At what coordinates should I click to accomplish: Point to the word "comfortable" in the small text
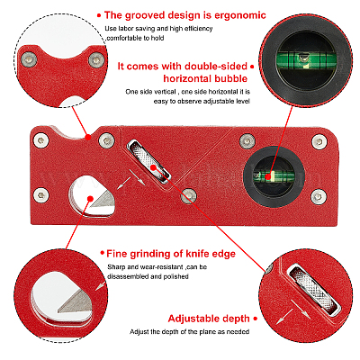tap(124, 38)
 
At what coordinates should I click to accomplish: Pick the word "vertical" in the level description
tap(164, 92)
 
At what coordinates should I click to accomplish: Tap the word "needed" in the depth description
tap(238, 332)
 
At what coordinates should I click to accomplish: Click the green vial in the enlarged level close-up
tap(305, 59)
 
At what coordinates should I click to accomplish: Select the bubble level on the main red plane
tap(274, 176)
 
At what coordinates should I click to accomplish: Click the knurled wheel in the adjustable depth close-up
tap(314, 290)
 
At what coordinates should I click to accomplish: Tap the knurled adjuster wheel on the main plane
tap(148, 161)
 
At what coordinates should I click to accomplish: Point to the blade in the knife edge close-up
tap(75, 302)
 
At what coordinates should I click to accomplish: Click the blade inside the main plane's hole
tap(103, 199)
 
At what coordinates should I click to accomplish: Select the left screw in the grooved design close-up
tap(28, 59)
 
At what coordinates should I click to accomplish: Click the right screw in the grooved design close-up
tap(95, 60)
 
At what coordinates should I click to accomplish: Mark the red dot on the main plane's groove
tap(88, 138)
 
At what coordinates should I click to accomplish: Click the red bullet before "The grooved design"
tap(99, 15)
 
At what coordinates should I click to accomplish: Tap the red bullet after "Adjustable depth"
tap(255, 319)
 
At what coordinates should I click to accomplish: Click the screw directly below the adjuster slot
tap(188, 196)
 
